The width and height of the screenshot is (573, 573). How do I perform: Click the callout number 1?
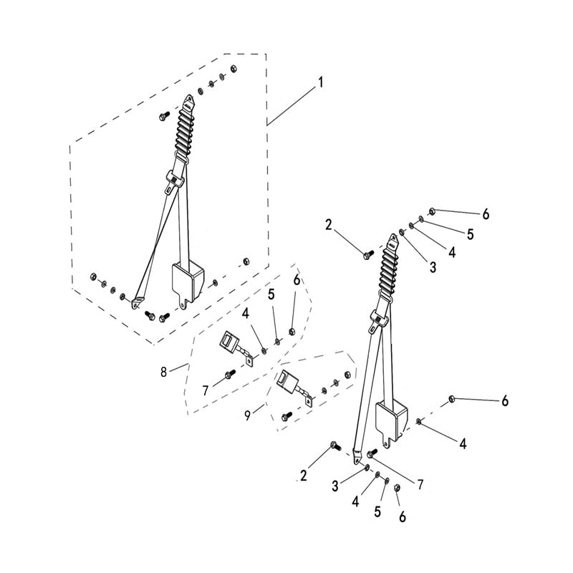coord(320,82)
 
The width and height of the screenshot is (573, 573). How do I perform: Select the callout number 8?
coord(163,372)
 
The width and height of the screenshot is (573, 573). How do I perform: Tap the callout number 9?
coord(248,415)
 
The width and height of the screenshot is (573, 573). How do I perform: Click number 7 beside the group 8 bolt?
coord(206,390)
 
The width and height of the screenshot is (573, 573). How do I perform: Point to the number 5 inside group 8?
coord(271,294)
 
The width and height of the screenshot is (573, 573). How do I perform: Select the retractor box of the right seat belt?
coord(392,420)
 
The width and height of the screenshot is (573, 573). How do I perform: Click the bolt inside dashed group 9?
coord(286,416)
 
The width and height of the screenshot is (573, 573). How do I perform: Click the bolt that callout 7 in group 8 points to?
coord(230,374)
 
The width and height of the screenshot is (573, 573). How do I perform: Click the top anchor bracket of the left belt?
coord(188,102)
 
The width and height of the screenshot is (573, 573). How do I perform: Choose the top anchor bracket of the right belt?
coord(393,241)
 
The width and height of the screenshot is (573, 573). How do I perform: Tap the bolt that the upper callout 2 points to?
coord(368,254)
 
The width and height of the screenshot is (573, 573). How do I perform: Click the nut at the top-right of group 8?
coord(292,332)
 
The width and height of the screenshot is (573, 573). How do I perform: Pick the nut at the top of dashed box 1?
coord(234,68)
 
